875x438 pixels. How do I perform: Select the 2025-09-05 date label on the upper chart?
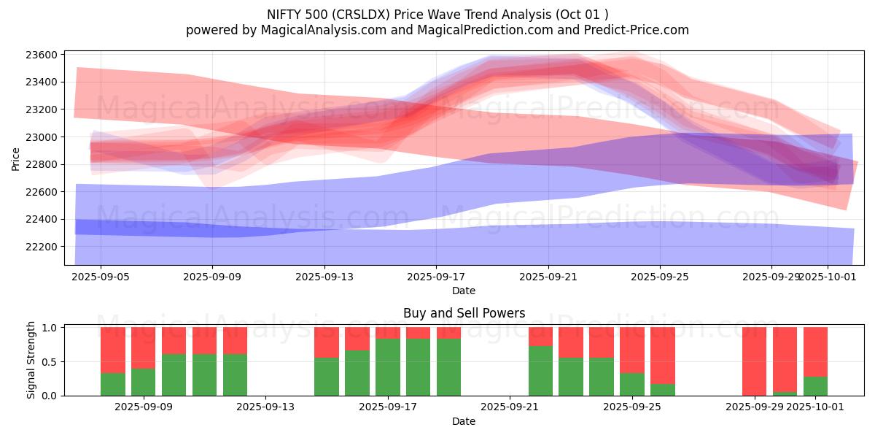pos(101,277)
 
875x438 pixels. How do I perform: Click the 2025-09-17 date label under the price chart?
pos(436,277)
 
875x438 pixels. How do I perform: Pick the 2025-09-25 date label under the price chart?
pos(660,277)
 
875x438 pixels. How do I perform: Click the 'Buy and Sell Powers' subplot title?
pos(464,313)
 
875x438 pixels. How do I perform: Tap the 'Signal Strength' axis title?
pos(31,361)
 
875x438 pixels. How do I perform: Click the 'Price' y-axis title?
pos(16,158)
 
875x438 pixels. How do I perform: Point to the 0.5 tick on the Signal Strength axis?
pos(51,362)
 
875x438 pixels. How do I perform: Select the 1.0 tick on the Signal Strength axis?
pos(51,328)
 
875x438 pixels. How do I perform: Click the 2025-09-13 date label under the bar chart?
pos(265,407)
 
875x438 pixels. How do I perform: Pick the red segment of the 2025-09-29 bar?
pos(755,361)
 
